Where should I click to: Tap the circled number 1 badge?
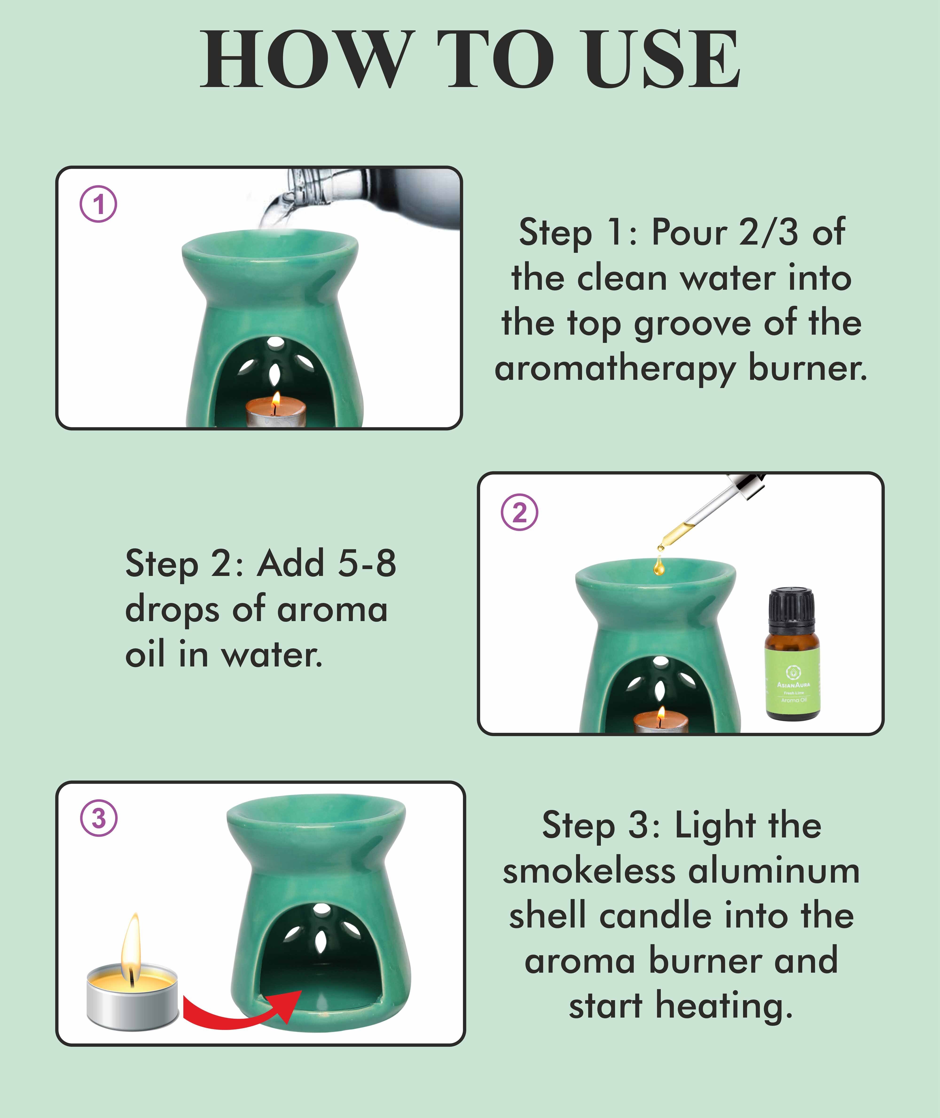point(99,204)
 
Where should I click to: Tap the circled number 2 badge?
point(520,512)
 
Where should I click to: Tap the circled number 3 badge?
point(99,818)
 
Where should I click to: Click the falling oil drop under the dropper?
point(659,566)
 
